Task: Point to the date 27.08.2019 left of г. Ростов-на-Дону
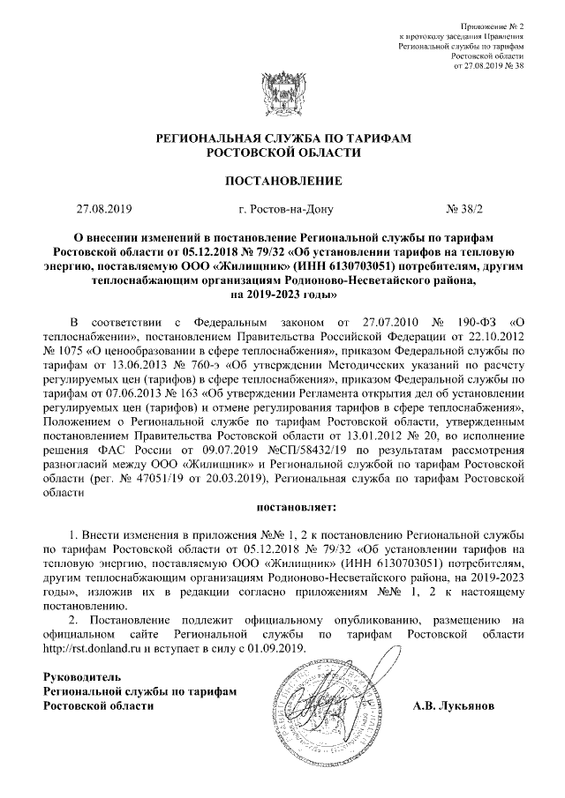tap(104, 210)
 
